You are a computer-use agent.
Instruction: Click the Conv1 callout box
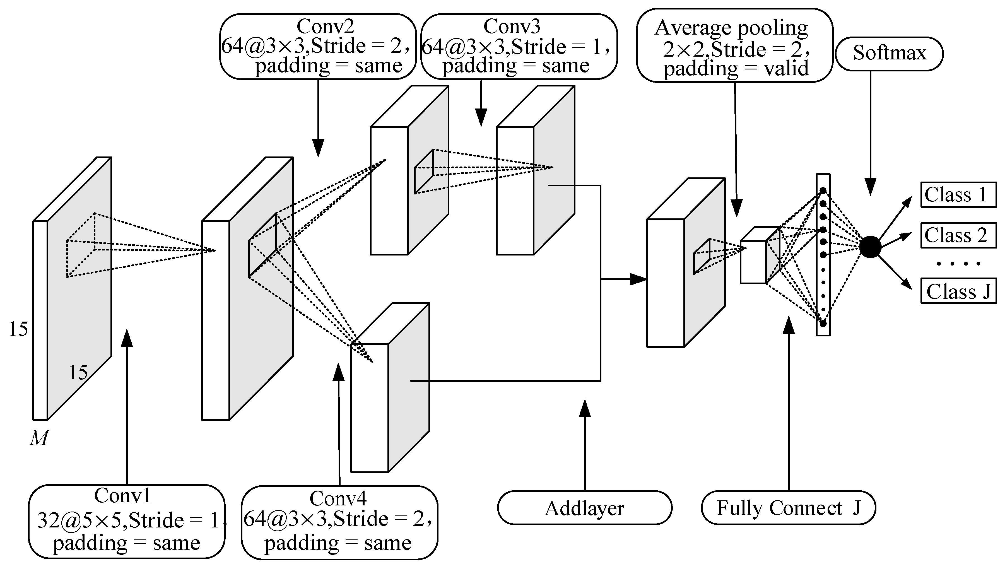(127, 521)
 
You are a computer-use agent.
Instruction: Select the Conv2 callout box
(318, 47)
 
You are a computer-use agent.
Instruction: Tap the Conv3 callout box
(519, 47)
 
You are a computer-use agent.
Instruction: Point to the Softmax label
(889, 54)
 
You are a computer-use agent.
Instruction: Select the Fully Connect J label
(788, 508)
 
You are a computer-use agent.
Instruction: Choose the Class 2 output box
(958, 235)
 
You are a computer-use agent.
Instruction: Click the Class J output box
(958, 291)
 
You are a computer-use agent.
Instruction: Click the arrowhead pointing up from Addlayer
(585, 408)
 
